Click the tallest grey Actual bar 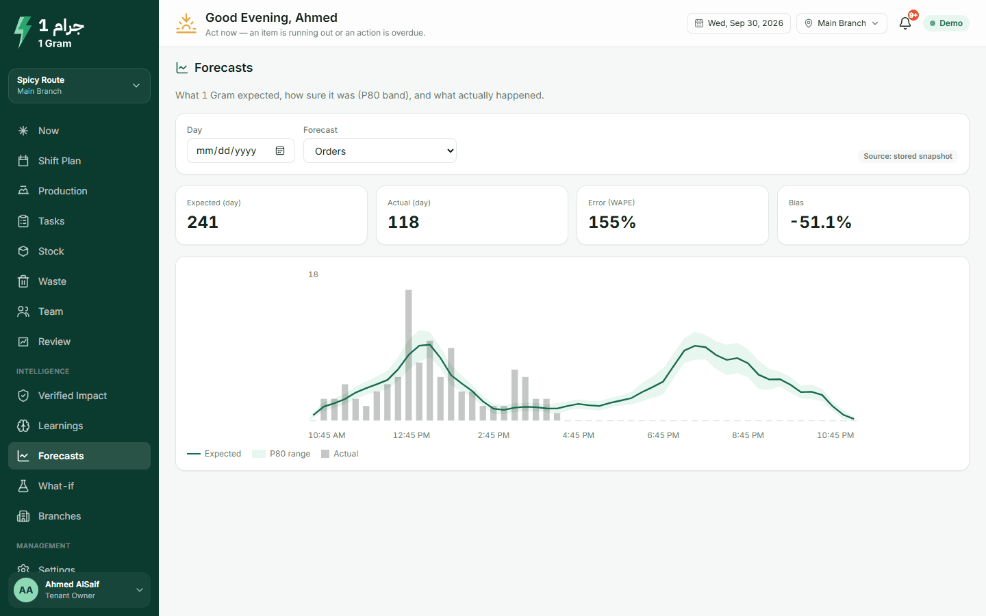(409, 355)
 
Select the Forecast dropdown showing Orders (380, 151)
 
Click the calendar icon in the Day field (280, 151)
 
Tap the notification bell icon (905, 23)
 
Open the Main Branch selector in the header (842, 23)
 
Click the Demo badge (946, 23)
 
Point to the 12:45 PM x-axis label (411, 435)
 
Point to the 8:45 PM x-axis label (748, 435)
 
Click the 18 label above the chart (313, 274)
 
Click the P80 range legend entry (281, 454)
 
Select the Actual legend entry (340, 454)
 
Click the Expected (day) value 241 (203, 222)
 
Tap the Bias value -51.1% (821, 222)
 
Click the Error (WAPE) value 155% (612, 222)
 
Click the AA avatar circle (26, 590)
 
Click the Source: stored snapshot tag (908, 156)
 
